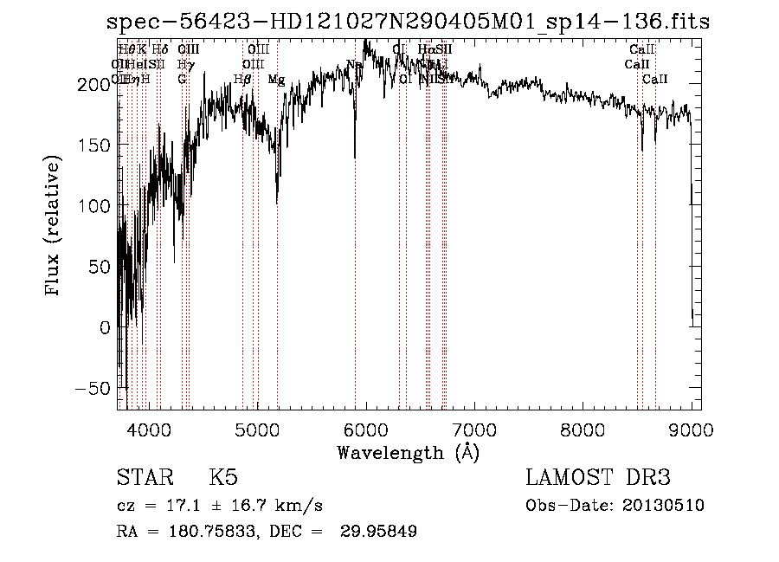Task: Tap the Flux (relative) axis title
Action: coord(54,228)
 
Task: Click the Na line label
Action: coord(354,65)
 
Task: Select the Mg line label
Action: coord(276,80)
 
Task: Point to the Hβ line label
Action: coord(243,80)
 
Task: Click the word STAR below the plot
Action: coord(144,478)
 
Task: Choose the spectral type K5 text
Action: coord(223,478)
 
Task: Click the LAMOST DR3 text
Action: coord(598,478)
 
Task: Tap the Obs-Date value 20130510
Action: coord(663,506)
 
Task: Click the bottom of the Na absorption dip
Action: coord(355,157)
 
